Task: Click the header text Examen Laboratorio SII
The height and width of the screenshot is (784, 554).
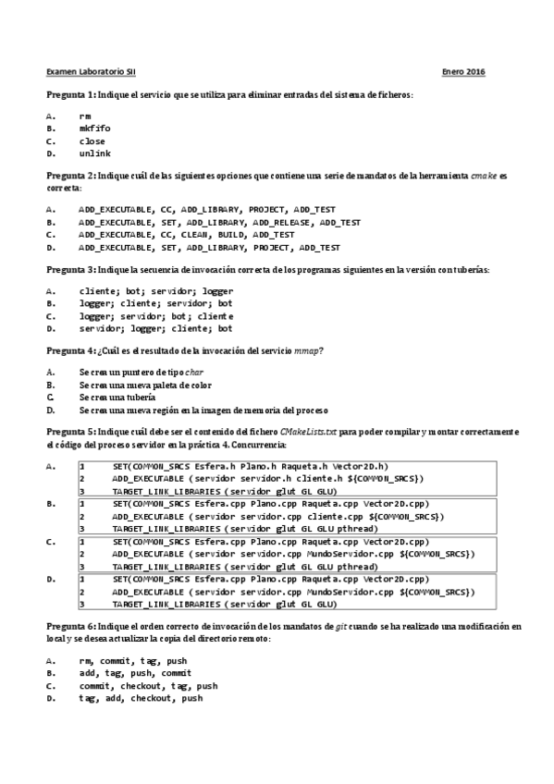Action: (x=89, y=72)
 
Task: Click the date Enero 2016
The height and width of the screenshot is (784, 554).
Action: (x=463, y=72)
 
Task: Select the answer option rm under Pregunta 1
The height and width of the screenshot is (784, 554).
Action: (x=85, y=116)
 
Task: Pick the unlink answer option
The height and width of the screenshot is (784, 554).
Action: (x=95, y=153)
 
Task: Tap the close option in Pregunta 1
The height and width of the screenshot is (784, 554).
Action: (x=92, y=141)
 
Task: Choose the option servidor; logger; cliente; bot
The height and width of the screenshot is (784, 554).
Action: (x=155, y=328)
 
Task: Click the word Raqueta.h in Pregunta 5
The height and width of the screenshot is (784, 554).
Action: (x=300, y=467)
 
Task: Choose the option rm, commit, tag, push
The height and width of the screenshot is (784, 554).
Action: (x=133, y=687)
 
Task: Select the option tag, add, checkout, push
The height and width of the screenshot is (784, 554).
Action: (x=141, y=724)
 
